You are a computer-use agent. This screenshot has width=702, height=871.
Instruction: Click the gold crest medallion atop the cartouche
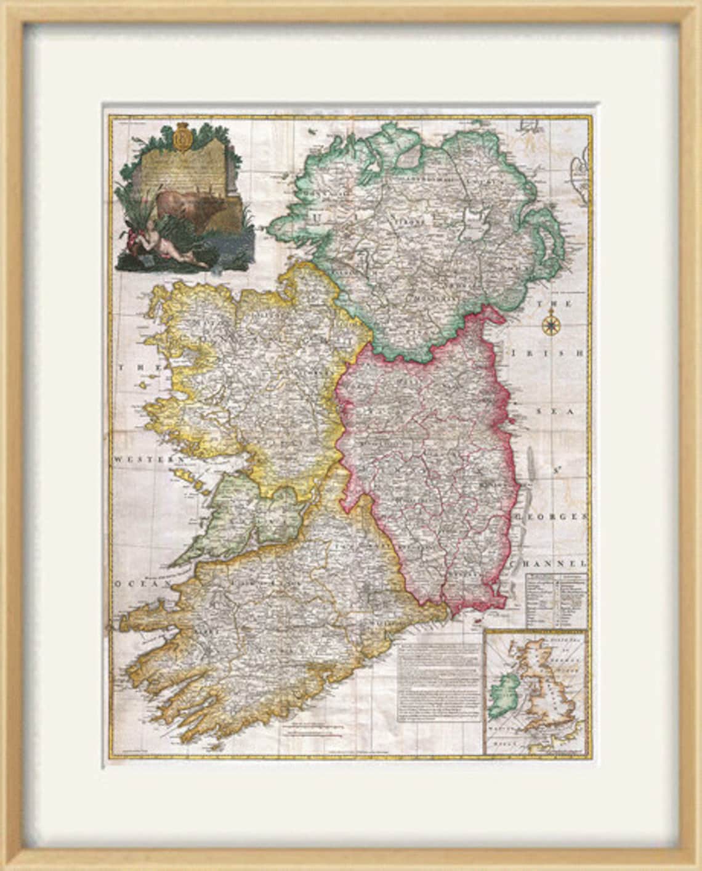pyautogui.click(x=181, y=137)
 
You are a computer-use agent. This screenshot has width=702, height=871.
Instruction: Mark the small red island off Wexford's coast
pyautogui.click(x=475, y=623)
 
